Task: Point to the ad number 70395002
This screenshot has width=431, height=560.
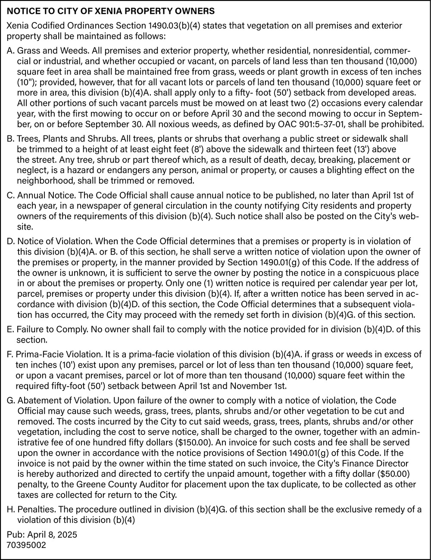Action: coord(26,545)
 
